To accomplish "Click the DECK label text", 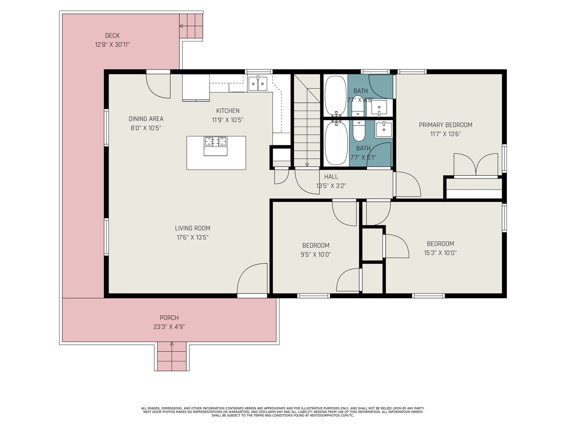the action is pos(112,35).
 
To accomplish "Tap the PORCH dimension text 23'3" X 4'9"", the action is pos(169,327).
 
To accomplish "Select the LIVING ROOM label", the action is pos(193,228).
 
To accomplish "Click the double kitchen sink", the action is pos(258,83).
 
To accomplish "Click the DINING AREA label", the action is pos(146,119).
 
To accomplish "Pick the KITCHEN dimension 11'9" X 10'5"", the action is pos(228,120).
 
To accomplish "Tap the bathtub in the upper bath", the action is pos(335,96).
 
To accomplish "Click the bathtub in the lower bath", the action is pos(336,143).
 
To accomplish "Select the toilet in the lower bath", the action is pos(359,131).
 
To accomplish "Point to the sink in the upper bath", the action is pos(379,108).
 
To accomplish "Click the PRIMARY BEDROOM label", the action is pos(446,125).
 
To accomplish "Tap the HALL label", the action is pos(331,177).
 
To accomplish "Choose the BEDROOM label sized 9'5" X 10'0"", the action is pos(316,245).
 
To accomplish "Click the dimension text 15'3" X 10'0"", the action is pos(440,253).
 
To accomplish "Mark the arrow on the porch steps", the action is pos(172,356).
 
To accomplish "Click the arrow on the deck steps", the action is pos(191,26).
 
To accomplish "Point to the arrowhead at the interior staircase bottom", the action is pos(307,165).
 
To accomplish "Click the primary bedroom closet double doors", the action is pos(476,165).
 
